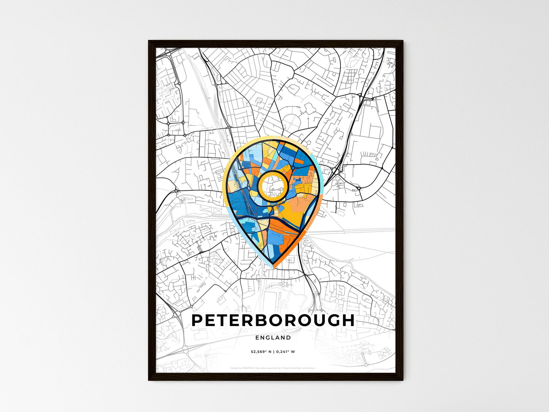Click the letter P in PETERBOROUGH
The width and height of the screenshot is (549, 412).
(x=198, y=320)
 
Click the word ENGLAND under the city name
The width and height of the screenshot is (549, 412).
(x=273, y=338)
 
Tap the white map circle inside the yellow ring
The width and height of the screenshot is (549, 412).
(x=272, y=185)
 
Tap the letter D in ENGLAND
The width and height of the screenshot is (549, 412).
(x=289, y=338)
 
